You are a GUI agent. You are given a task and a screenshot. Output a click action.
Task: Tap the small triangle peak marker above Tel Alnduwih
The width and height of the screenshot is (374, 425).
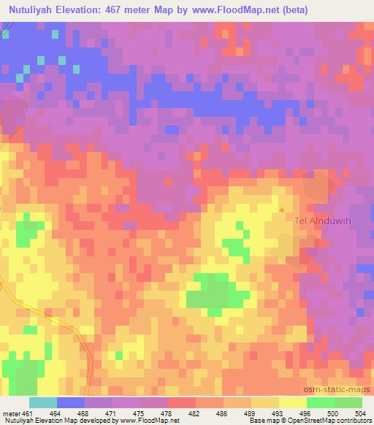[283, 210]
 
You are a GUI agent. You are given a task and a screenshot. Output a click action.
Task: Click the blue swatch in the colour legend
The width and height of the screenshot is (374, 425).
[71, 403]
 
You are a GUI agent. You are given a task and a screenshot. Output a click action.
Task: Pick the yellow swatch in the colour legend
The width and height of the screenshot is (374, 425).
[292, 403]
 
